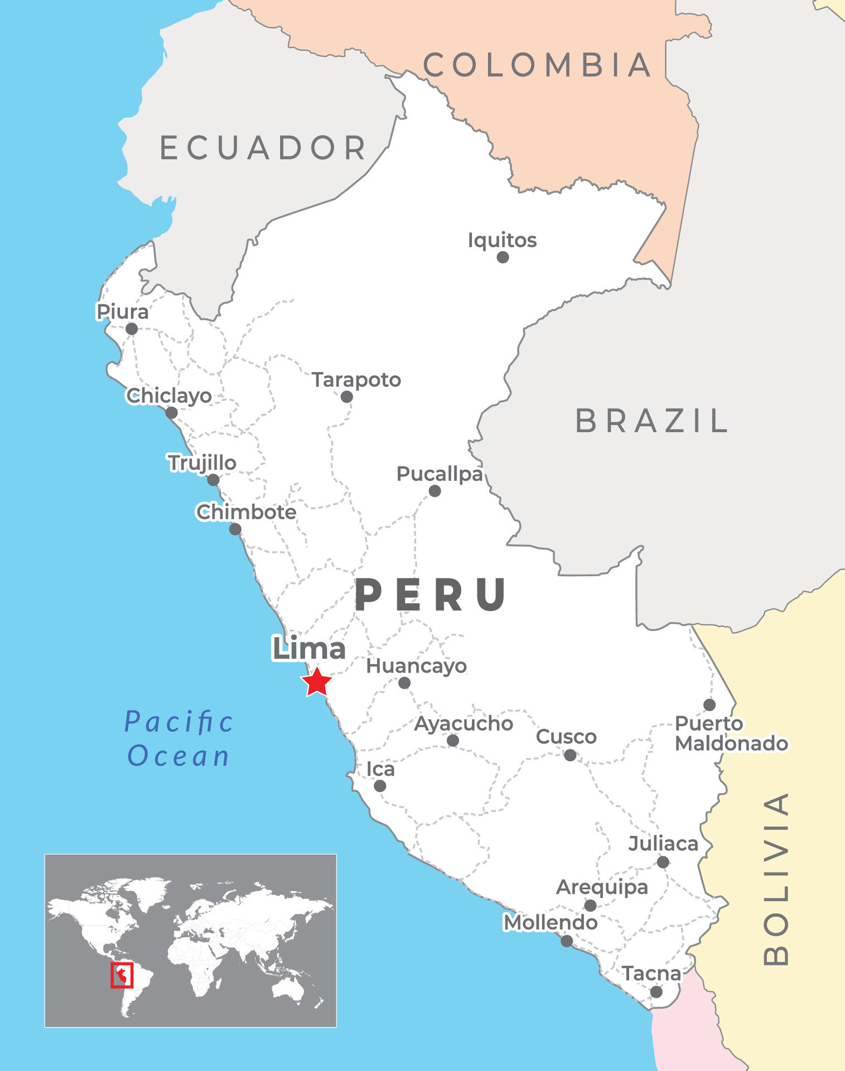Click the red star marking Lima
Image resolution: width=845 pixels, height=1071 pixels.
(x=316, y=682)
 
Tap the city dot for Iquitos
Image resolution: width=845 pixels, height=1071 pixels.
(x=503, y=257)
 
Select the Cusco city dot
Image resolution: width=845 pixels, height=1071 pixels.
(x=570, y=755)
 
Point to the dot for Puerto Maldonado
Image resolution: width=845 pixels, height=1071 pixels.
(x=709, y=705)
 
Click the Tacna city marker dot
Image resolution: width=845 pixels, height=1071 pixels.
(x=656, y=992)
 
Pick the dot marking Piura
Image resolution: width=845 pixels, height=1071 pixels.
(x=132, y=329)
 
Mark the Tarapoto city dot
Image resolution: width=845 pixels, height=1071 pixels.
(x=347, y=397)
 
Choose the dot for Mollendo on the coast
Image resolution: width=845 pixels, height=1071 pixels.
(x=567, y=942)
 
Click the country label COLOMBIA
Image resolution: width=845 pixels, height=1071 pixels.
(x=537, y=65)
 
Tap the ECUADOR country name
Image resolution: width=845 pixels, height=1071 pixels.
(x=263, y=148)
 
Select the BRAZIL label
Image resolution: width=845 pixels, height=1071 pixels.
(x=651, y=421)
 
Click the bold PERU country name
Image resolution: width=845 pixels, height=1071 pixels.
(x=431, y=595)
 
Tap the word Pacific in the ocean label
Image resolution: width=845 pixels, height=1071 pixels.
(x=178, y=722)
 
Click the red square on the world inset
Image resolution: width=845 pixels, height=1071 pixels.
(x=122, y=975)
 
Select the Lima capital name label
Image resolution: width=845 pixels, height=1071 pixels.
(x=308, y=649)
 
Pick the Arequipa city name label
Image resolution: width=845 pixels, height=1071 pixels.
(x=602, y=887)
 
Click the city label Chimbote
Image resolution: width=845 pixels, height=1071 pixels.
(x=246, y=512)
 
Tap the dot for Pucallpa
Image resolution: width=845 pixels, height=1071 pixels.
(x=435, y=491)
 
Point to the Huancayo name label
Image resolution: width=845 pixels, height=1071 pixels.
(x=416, y=666)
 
